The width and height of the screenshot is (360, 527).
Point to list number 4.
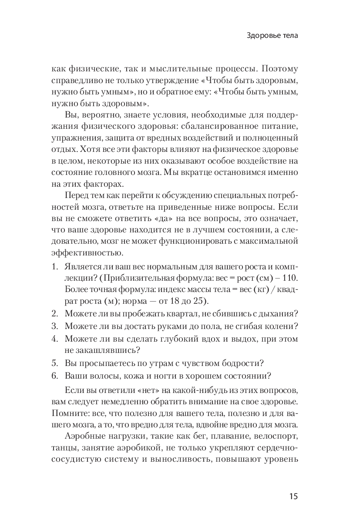(x=54, y=338)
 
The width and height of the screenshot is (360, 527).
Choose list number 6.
(x=54, y=376)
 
